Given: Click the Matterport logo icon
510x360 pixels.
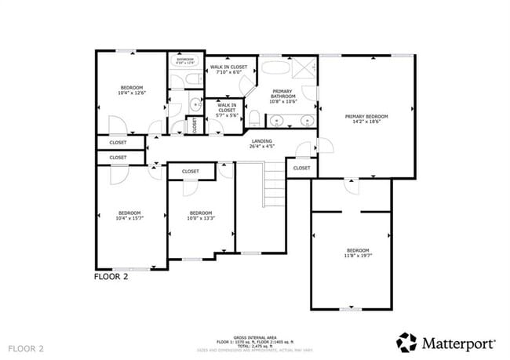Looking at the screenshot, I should (406, 343).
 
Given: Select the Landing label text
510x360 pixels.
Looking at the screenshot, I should (261, 143).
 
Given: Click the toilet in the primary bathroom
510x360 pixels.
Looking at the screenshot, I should (255, 118).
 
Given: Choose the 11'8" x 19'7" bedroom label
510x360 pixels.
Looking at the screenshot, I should (357, 253).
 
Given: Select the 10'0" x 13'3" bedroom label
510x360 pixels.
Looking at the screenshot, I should (200, 216).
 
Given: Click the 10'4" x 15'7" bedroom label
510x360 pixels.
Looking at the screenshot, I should (129, 216).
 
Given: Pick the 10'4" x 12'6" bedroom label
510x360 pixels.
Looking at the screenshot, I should (130, 90).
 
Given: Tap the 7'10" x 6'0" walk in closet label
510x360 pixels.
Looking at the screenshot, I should (228, 70).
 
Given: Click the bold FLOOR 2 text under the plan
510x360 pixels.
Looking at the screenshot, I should (111, 276).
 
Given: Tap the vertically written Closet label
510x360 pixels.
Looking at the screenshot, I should (195, 125).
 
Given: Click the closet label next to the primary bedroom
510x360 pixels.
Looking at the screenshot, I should (301, 168).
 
